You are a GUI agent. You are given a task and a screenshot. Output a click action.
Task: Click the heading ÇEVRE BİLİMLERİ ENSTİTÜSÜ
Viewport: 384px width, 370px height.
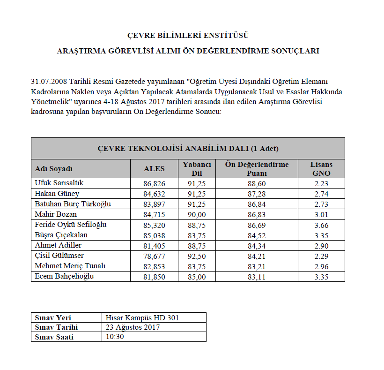pos(188,36)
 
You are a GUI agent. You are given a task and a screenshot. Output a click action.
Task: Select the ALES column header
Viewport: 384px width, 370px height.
pos(154,169)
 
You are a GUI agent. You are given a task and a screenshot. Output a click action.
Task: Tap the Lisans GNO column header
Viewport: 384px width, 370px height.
pos(321,169)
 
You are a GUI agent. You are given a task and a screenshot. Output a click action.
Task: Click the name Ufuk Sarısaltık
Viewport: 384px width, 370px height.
pos(59,183)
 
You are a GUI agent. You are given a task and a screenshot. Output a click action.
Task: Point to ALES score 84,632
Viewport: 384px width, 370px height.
pos(154,194)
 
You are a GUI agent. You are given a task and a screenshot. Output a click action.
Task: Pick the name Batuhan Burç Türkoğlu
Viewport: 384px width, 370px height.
pos(73,204)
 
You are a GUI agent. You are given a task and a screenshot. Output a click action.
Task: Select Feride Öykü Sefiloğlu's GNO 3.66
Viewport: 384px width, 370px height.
pos(321,225)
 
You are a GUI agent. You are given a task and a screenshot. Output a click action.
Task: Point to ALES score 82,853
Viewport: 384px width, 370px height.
pos(154,266)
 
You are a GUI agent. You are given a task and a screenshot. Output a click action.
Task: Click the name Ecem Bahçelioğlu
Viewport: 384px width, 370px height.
pos(64,276)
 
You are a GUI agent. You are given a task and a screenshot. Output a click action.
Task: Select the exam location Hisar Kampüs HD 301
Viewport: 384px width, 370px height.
pos(142,318)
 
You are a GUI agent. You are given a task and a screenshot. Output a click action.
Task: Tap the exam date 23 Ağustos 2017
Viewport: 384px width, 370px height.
pos(133,327)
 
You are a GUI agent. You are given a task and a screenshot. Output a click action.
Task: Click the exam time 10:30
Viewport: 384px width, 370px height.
pos(115,337)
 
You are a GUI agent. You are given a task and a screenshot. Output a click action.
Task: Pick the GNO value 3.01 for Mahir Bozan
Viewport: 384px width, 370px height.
pos(321,214)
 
